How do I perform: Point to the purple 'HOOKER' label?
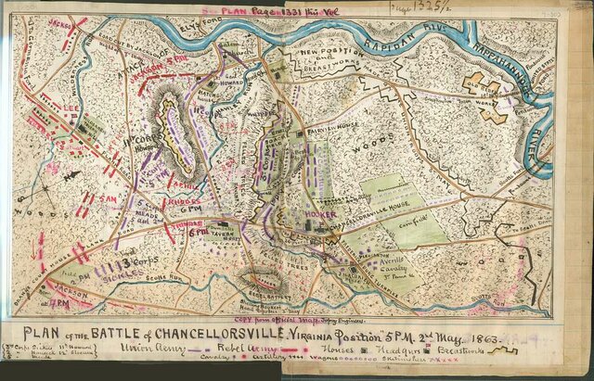(321, 214)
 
